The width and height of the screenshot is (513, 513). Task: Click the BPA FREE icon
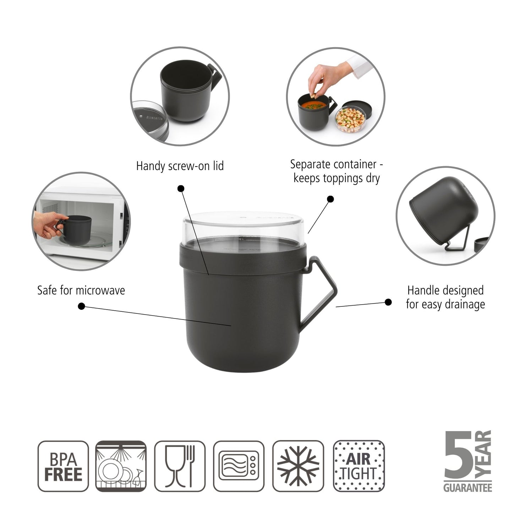(x=63, y=466)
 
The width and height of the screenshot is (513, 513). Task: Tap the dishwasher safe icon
(x=121, y=466)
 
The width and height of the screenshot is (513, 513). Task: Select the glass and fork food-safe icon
(x=180, y=466)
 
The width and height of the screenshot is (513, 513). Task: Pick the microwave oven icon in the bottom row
(x=239, y=466)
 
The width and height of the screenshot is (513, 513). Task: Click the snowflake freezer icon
(x=298, y=466)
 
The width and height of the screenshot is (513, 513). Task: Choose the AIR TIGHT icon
(x=359, y=466)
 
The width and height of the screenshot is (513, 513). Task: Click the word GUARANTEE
(x=468, y=488)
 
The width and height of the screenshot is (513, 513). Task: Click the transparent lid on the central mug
(x=243, y=225)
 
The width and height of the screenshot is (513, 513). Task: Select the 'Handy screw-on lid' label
(x=180, y=166)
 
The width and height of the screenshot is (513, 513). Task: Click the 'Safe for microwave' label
(x=81, y=290)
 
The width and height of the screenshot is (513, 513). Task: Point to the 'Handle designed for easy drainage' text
(x=445, y=297)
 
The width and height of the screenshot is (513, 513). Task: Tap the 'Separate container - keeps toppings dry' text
(x=336, y=171)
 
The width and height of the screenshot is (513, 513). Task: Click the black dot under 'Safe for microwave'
(x=81, y=306)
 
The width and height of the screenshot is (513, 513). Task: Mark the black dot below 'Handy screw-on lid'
(x=181, y=188)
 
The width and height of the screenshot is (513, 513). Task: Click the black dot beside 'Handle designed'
(x=388, y=302)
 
